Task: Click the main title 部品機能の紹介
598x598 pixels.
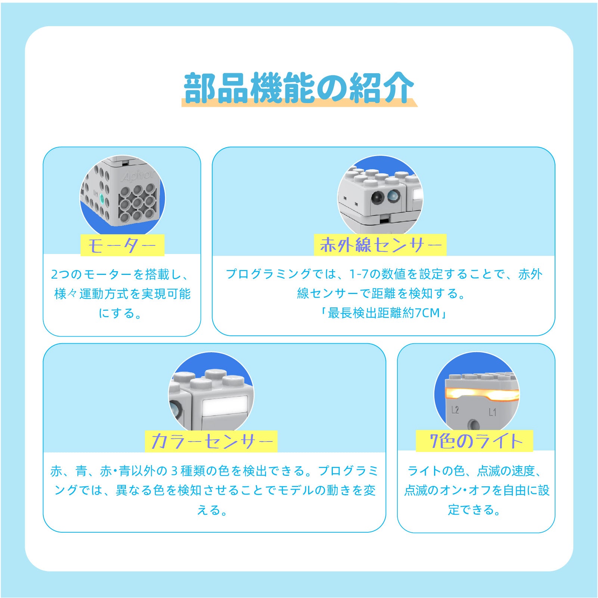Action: coord(299,88)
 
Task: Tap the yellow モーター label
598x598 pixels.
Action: coord(122,245)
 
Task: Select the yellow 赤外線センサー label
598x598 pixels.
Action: coord(380,245)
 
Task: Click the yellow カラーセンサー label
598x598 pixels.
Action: coord(211,441)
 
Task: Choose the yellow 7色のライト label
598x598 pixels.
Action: coord(474,441)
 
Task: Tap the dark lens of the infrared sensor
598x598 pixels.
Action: coord(378,197)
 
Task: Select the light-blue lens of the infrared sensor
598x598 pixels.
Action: coord(393,195)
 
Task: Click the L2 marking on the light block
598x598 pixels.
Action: coord(455,410)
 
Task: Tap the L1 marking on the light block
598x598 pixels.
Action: coord(493,412)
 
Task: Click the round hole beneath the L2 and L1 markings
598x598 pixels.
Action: coord(474,425)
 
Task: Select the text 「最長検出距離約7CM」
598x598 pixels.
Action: coord(383,313)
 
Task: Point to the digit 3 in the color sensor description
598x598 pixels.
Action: coord(174,471)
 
